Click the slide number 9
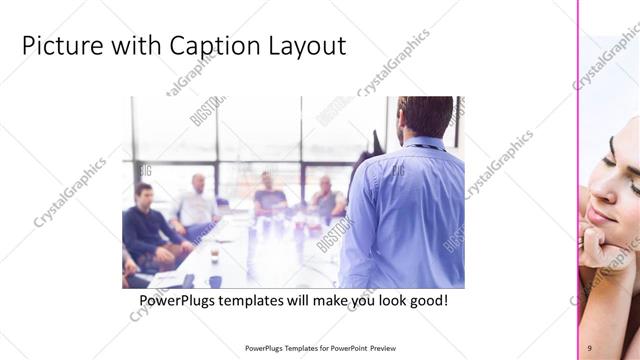point(589,347)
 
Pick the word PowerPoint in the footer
point(346,348)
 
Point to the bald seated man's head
point(198,183)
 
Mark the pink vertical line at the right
point(578,180)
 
